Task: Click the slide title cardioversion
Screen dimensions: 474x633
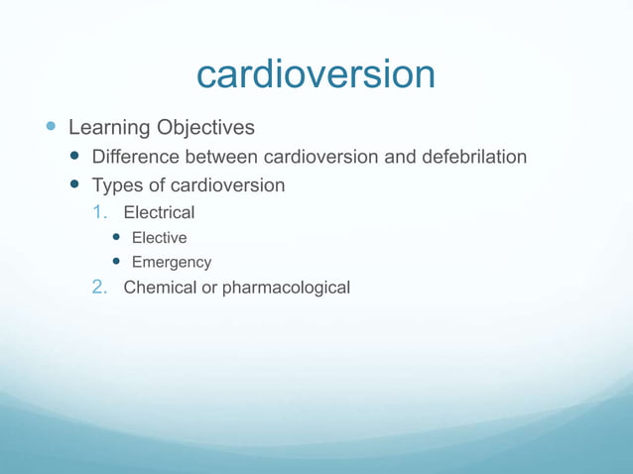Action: (x=316, y=74)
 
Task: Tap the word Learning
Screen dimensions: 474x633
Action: (x=108, y=128)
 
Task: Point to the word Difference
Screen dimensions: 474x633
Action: (x=137, y=157)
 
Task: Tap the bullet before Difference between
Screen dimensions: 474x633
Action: (x=75, y=157)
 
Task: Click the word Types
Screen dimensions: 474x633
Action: (x=117, y=185)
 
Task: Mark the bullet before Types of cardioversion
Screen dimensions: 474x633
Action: (x=75, y=185)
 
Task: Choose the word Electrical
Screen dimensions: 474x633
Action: (x=159, y=212)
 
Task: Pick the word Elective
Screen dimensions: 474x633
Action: (x=159, y=238)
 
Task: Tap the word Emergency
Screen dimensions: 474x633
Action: (x=172, y=263)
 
